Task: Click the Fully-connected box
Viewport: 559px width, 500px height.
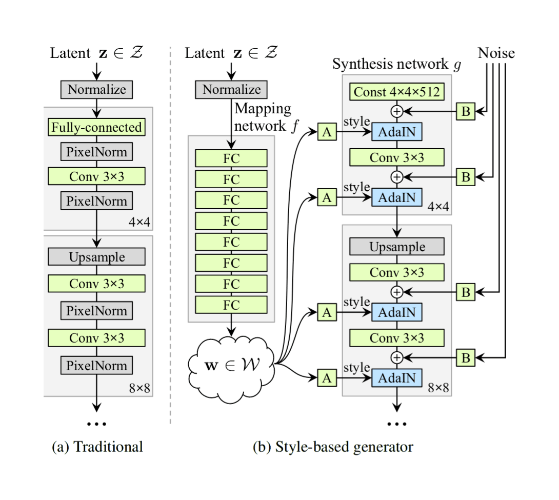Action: pos(97,127)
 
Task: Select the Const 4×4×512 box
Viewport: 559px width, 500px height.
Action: pos(397,92)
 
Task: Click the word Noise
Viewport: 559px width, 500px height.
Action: pos(496,53)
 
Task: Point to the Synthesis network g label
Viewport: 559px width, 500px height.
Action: pos(397,65)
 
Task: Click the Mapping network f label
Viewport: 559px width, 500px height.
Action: pos(263,117)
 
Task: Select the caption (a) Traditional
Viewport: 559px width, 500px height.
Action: pos(97,446)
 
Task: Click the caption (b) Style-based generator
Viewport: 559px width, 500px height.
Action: pos(333,446)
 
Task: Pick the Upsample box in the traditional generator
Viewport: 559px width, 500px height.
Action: pos(97,256)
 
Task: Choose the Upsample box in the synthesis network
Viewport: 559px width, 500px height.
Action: pos(397,247)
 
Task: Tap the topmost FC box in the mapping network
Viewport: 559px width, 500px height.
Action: pos(231,158)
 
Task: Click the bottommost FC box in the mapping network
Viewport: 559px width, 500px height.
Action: pos(231,304)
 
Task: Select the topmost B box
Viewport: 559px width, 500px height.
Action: pos(466,110)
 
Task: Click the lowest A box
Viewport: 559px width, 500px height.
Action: pos(327,378)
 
